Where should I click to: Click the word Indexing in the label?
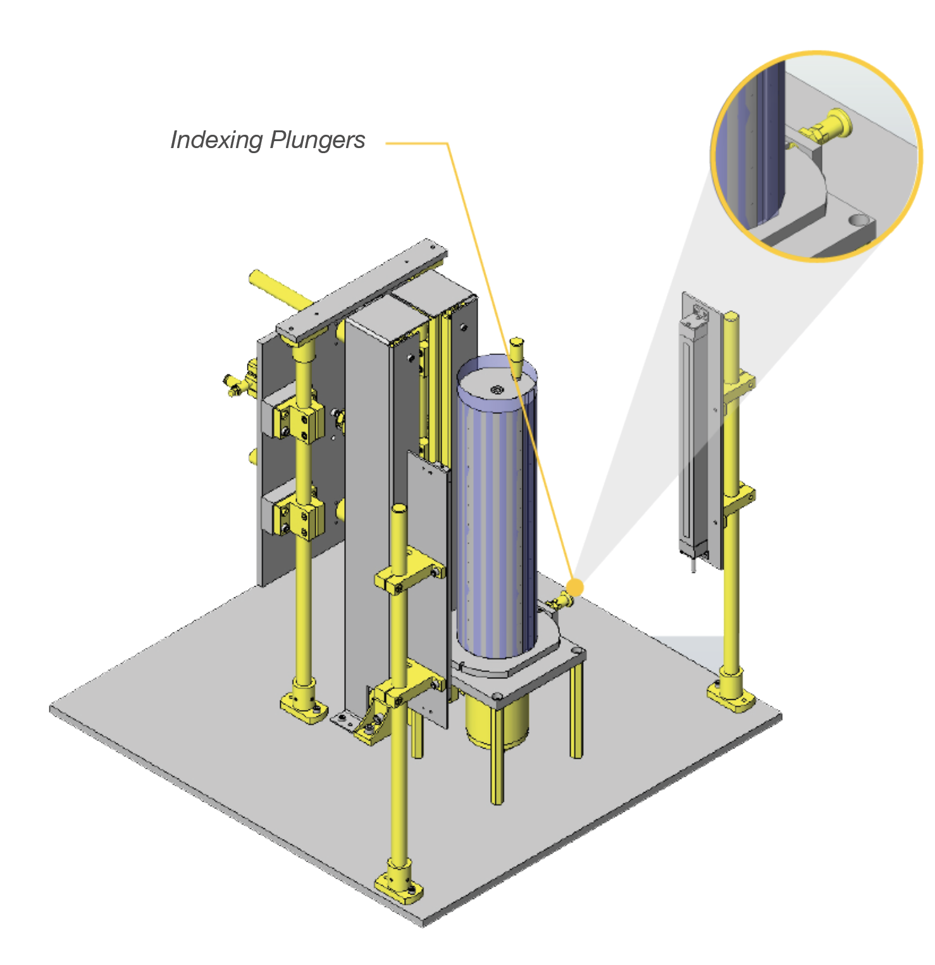pos(216,140)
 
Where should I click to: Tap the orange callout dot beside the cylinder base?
pos(575,587)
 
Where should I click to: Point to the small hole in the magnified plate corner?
pos(858,221)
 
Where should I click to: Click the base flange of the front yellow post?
pos(399,883)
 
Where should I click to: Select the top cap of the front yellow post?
pos(399,510)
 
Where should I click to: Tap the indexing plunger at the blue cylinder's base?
pos(560,602)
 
